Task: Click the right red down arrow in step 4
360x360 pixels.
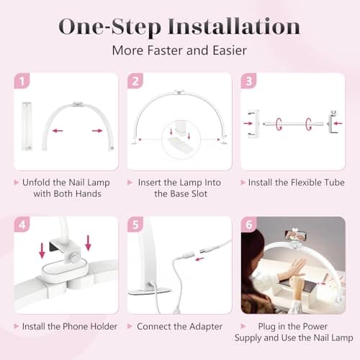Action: pyautogui.click(x=88, y=243)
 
